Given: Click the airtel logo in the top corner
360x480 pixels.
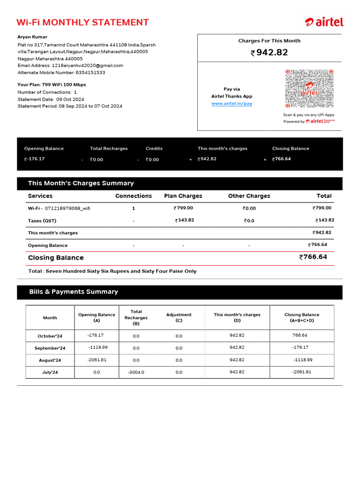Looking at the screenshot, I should (x=324, y=22).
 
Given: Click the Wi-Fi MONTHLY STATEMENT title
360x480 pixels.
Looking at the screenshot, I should (x=82, y=22).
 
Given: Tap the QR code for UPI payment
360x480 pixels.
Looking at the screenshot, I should (x=309, y=89).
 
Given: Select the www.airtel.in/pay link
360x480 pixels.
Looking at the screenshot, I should (x=232, y=104).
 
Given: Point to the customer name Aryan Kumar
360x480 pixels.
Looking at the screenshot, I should (x=32, y=37).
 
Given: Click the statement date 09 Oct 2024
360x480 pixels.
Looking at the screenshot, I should (x=70, y=99).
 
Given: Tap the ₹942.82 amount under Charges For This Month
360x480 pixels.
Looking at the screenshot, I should (x=270, y=53).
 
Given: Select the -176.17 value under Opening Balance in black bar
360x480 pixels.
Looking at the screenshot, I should (x=35, y=159).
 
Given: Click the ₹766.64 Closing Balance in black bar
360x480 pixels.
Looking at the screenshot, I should (x=282, y=159).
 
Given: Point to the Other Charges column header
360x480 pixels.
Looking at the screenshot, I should (x=249, y=196).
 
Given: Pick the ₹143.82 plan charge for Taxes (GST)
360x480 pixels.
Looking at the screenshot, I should (x=184, y=220).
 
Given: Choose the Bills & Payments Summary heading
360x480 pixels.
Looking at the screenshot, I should (x=74, y=292).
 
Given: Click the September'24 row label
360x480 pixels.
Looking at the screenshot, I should (x=50, y=348).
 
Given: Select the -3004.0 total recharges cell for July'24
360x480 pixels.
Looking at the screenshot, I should (x=136, y=372).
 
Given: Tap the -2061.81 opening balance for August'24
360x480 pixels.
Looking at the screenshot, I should (x=97, y=360).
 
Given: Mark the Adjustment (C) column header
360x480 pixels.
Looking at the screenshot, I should (x=179, y=318).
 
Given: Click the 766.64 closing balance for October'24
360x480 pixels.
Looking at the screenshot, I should (x=300, y=336).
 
